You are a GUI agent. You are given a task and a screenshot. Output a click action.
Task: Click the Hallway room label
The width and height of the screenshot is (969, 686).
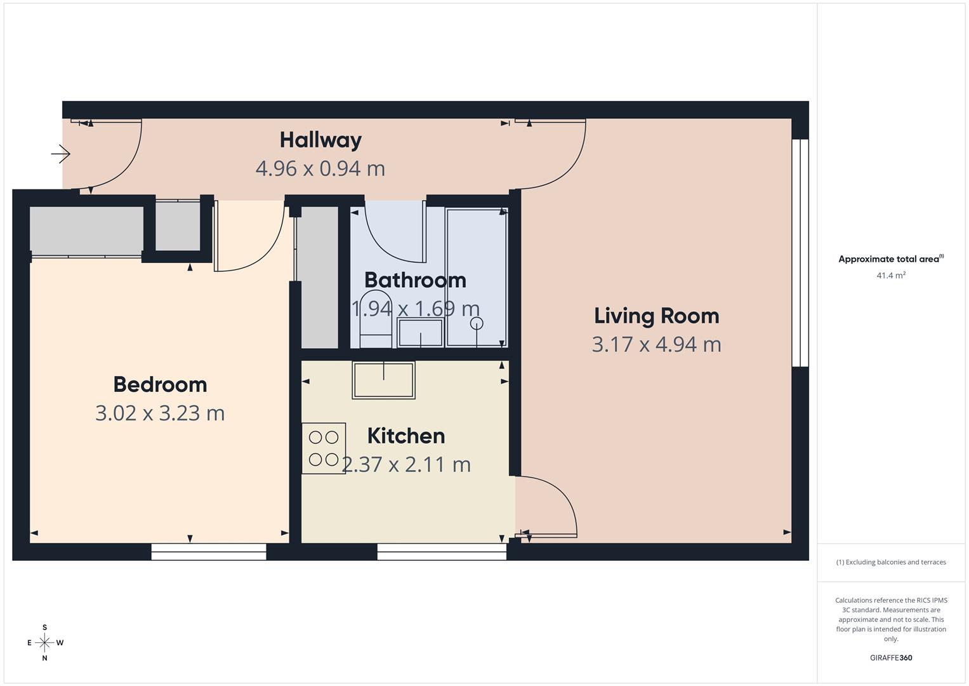click(320, 140)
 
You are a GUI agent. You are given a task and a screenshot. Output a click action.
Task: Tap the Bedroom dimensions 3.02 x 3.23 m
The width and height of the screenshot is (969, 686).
click(160, 413)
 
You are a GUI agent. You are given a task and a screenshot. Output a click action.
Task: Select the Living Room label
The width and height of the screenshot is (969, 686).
click(656, 316)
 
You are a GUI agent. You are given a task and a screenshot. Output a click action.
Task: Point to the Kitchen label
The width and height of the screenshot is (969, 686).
click(406, 436)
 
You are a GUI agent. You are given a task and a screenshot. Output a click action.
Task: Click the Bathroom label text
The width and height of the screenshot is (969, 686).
click(415, 280)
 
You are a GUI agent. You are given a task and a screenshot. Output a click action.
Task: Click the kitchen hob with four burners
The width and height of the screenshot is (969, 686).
click(324, 448)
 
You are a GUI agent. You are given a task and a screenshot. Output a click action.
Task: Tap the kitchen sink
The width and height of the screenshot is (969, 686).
click(383, 380)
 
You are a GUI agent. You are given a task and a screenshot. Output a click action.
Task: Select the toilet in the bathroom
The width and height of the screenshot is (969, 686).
click(376, 321)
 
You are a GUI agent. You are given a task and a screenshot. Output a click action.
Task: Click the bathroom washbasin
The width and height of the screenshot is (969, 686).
click(420, 333)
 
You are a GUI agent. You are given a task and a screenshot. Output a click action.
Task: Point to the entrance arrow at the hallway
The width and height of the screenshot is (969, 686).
click(61, 154)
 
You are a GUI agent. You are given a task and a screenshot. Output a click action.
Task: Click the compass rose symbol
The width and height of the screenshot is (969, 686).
click(44, 643)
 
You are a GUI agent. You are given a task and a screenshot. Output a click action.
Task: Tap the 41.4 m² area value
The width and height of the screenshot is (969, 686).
click(890, 276)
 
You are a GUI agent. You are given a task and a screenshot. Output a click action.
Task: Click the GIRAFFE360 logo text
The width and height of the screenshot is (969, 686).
click(890, 657)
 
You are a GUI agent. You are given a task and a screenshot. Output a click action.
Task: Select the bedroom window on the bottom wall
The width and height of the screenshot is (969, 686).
click(209, 551)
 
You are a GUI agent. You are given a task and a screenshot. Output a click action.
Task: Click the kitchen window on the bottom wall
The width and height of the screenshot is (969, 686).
click(442, 551)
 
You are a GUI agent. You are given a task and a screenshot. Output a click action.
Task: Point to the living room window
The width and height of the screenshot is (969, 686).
click(800, 253)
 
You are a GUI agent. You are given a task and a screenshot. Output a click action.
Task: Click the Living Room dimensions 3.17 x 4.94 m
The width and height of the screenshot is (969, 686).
click(656, 344)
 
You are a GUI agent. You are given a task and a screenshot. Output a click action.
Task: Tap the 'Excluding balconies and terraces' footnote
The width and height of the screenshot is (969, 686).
click(890, 562)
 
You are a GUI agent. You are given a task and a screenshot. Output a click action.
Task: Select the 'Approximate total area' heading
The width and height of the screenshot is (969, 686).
click(890, 259)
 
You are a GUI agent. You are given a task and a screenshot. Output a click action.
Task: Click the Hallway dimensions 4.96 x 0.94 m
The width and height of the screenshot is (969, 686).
click(320, 169)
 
